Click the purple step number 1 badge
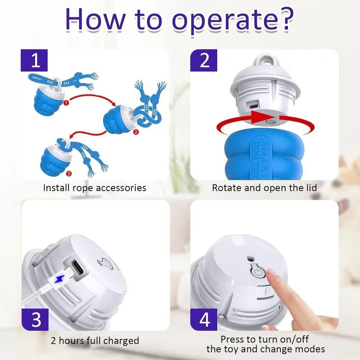34,60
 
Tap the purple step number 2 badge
204,60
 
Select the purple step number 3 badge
35,319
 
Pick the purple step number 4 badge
204,319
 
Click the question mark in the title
285,19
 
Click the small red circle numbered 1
66,103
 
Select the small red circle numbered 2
136,132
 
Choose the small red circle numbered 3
69,174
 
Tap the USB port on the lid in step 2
254,107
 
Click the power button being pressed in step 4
258,274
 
